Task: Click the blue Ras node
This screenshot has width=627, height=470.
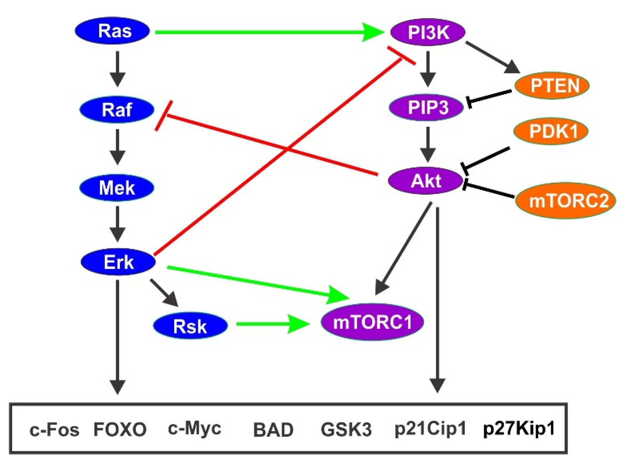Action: coord(112,31)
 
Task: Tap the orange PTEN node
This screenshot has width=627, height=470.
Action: coord(552,86)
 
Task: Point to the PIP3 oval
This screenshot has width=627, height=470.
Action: coord(426,107)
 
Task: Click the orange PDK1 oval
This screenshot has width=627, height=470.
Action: coord(551,131)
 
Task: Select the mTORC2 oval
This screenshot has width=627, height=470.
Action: coord(566,201)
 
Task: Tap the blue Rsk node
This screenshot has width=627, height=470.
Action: coord(190,326)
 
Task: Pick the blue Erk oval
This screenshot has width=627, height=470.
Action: coord(118,262)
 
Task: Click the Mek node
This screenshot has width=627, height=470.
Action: coord(117,188)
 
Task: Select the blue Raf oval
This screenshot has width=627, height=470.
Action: coord(117,110)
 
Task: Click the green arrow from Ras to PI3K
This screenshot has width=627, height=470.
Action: coord(264,32)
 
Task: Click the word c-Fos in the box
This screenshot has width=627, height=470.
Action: coord(54,430)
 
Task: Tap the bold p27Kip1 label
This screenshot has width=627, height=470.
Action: coord(519,429)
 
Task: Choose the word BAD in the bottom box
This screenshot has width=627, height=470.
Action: coord(273,430)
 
